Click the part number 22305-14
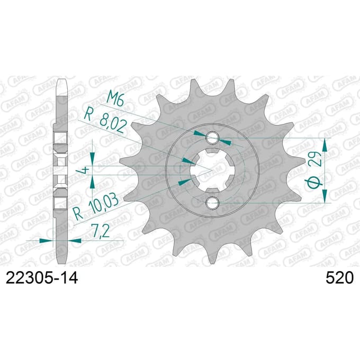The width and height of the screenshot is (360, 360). coord(42,277)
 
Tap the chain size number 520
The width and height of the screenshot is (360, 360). coord(339,278)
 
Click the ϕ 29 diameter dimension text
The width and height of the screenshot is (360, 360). coord(316,170)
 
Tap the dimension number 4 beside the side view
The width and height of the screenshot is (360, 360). coord(85,170)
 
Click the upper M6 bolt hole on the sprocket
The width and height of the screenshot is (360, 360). coord(212,138)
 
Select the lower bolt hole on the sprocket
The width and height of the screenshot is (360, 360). coord(212,203)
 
